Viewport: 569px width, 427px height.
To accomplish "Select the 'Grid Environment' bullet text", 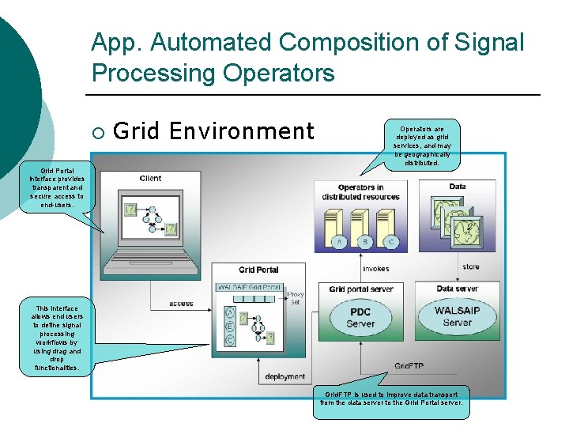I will [x=213, y=130].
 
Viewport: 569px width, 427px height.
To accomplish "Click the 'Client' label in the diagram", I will [x=150, y=179].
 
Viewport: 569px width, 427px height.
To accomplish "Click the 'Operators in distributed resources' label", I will [x=361, y=192].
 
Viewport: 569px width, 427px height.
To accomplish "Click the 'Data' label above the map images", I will [x=457, y=187].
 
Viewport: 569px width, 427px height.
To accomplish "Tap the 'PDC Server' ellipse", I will [x=360, y=318].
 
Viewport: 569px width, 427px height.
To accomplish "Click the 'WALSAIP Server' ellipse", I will [x=457, y=316].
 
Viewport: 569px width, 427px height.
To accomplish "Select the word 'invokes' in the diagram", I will [x=375, y=269].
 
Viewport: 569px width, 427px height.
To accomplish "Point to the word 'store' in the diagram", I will [x=471, y=266].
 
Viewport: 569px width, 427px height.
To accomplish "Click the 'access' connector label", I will [x=181, y=304].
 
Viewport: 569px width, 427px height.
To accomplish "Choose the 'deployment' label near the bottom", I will [x=285, y=377].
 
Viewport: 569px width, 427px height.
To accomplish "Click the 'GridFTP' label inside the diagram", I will [x=410, y=366].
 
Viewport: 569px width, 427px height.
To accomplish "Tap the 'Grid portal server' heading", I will [x=360, y=289].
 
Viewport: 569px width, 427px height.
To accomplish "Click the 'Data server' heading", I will [x=458, y=289].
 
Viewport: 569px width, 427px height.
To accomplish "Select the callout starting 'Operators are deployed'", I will [x=421, y=145].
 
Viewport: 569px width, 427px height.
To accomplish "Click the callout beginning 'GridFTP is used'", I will [x=391, y=398].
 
